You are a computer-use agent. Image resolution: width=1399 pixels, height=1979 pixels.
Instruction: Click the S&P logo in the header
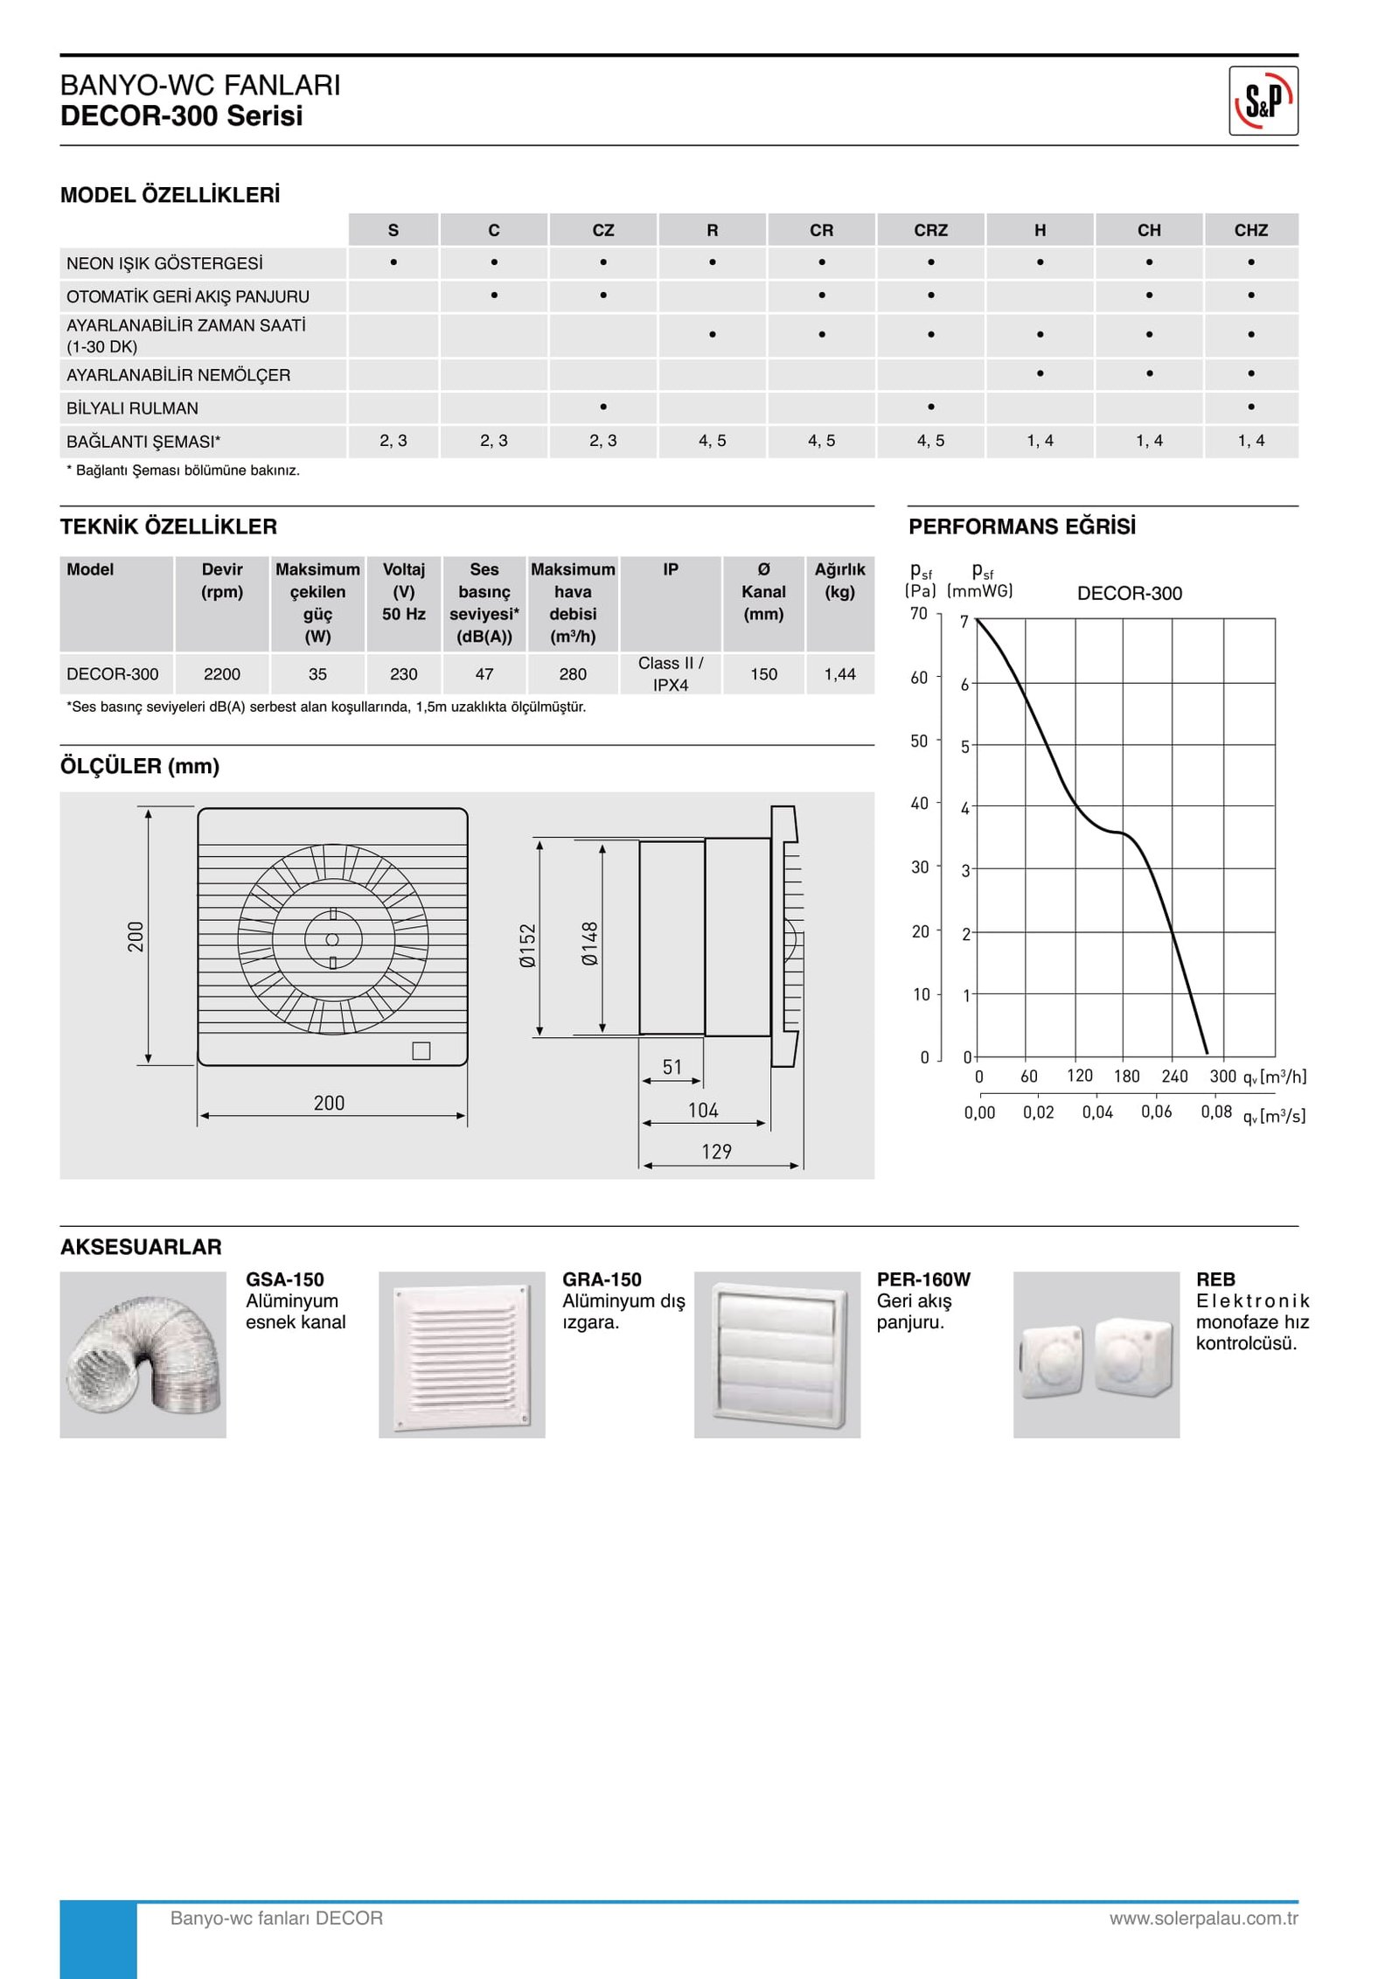tap(1263, 101)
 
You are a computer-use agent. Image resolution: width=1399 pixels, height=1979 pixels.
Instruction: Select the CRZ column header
tap(930, 230)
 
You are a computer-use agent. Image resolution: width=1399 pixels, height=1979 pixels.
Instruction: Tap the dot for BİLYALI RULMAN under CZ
tap(603, 407)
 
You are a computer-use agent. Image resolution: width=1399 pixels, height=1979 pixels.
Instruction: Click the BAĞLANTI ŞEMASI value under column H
tap(1040, 441)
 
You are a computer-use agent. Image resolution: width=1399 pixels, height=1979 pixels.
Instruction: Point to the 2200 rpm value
tap(222, 674)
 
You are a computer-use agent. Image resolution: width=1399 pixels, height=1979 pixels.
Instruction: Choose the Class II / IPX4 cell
tap(670, 674)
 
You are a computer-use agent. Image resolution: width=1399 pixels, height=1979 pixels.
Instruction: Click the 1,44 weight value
tap(839, 674)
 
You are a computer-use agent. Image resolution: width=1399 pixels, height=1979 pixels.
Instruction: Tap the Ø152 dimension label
tap(527, 945)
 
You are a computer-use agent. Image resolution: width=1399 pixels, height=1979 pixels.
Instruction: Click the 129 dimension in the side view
tap(716, 1152)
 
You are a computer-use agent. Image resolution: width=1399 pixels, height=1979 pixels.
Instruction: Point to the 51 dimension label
tap(672, 1067)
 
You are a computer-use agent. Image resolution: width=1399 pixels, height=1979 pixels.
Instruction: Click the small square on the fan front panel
tap(421, 1051)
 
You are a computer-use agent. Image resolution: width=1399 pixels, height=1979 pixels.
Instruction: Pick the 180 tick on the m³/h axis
tap(1126, 1077)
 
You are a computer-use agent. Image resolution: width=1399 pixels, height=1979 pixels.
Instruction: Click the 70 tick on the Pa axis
tap(918, 614)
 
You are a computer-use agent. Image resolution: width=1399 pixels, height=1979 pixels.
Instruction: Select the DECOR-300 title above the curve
tap(1129, 594)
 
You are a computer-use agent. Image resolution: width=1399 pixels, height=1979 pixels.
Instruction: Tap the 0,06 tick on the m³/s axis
tap(1156, 1112)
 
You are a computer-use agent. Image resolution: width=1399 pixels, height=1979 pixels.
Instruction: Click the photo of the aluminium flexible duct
tap(143, 1355)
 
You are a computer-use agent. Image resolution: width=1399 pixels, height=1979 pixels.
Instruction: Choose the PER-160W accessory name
tap(923, 1279)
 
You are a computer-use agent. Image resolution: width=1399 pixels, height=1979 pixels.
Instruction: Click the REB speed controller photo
tap(1096, 1355)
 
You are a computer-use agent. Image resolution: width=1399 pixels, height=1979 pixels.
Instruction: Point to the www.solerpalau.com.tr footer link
tap(1203, 1918)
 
